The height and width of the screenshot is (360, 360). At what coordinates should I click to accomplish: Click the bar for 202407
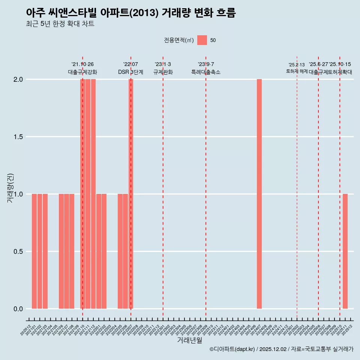point(259,194)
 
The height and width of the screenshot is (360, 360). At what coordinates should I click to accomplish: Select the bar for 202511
point(345,251)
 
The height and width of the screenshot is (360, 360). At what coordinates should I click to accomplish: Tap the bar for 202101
point(34,251)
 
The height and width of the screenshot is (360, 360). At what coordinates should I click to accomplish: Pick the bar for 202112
point(93,194)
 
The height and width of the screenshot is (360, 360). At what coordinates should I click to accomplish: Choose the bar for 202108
point(72,251)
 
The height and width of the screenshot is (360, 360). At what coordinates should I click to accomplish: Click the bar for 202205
point(120,251)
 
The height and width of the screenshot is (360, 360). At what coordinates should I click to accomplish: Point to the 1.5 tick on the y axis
point(18,137)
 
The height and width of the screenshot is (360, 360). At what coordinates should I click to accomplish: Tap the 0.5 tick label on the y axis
point(18,252)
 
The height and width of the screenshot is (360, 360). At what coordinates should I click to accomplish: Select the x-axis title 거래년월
point(189,340)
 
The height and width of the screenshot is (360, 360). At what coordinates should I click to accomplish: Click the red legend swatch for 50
point(202,40)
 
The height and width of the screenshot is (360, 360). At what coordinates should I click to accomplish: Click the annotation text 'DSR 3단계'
point(130,72)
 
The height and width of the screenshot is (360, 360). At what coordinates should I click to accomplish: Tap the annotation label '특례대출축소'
point(206,72)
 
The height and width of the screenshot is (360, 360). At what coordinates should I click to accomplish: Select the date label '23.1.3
point(163,64)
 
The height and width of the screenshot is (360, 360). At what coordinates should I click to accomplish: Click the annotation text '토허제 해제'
point(297,71)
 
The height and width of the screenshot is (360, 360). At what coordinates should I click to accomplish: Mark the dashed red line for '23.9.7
point(206,187)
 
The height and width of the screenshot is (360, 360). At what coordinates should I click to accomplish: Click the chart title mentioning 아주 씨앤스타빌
point(131,13)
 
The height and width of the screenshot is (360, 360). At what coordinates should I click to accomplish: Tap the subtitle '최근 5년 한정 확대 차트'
point(60,24)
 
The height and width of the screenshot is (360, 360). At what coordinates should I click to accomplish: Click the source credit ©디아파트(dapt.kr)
point(281,349)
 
